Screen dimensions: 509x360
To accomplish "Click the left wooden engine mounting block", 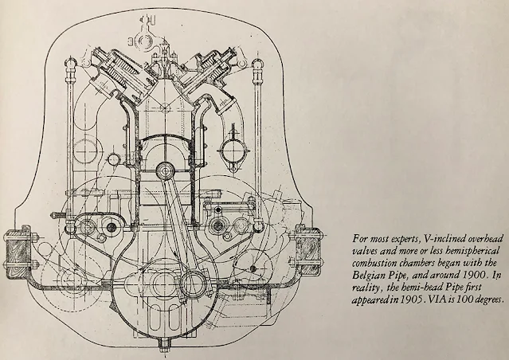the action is click(x=17, y=248).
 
